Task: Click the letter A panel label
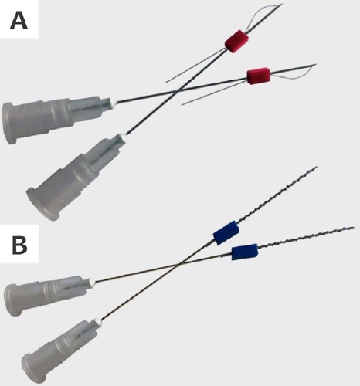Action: click(19, 22)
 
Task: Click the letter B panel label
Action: click(19, 245)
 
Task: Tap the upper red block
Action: click(236, 42)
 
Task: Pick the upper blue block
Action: click(226, 232)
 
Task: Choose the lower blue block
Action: click(245, 252)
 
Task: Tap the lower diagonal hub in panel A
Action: click(76, 177)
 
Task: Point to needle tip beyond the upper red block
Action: click(283, 4)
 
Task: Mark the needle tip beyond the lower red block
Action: click(315, 64)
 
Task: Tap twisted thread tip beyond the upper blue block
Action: click(317, 168)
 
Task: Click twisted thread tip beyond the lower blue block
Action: click(354, 228)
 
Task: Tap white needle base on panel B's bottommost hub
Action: click(98, 321)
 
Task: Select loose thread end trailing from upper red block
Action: click(167, 82)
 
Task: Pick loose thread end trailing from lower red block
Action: click(183, 104)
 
